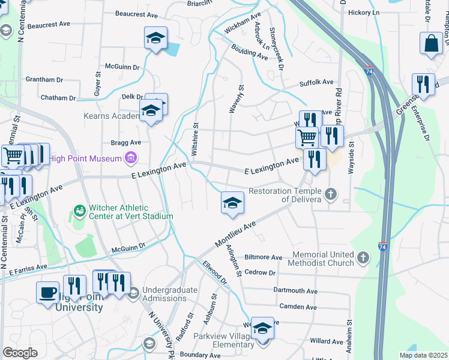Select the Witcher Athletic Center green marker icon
pos(79,211)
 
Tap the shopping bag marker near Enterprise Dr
pos(431,43)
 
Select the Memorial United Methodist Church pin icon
pos(363,258)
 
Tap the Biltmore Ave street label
pos(263,257)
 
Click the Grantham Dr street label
pos(44,79)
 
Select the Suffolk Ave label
pos(317,82)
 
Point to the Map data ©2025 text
pos(423,355)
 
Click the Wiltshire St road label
pos(195,140)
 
